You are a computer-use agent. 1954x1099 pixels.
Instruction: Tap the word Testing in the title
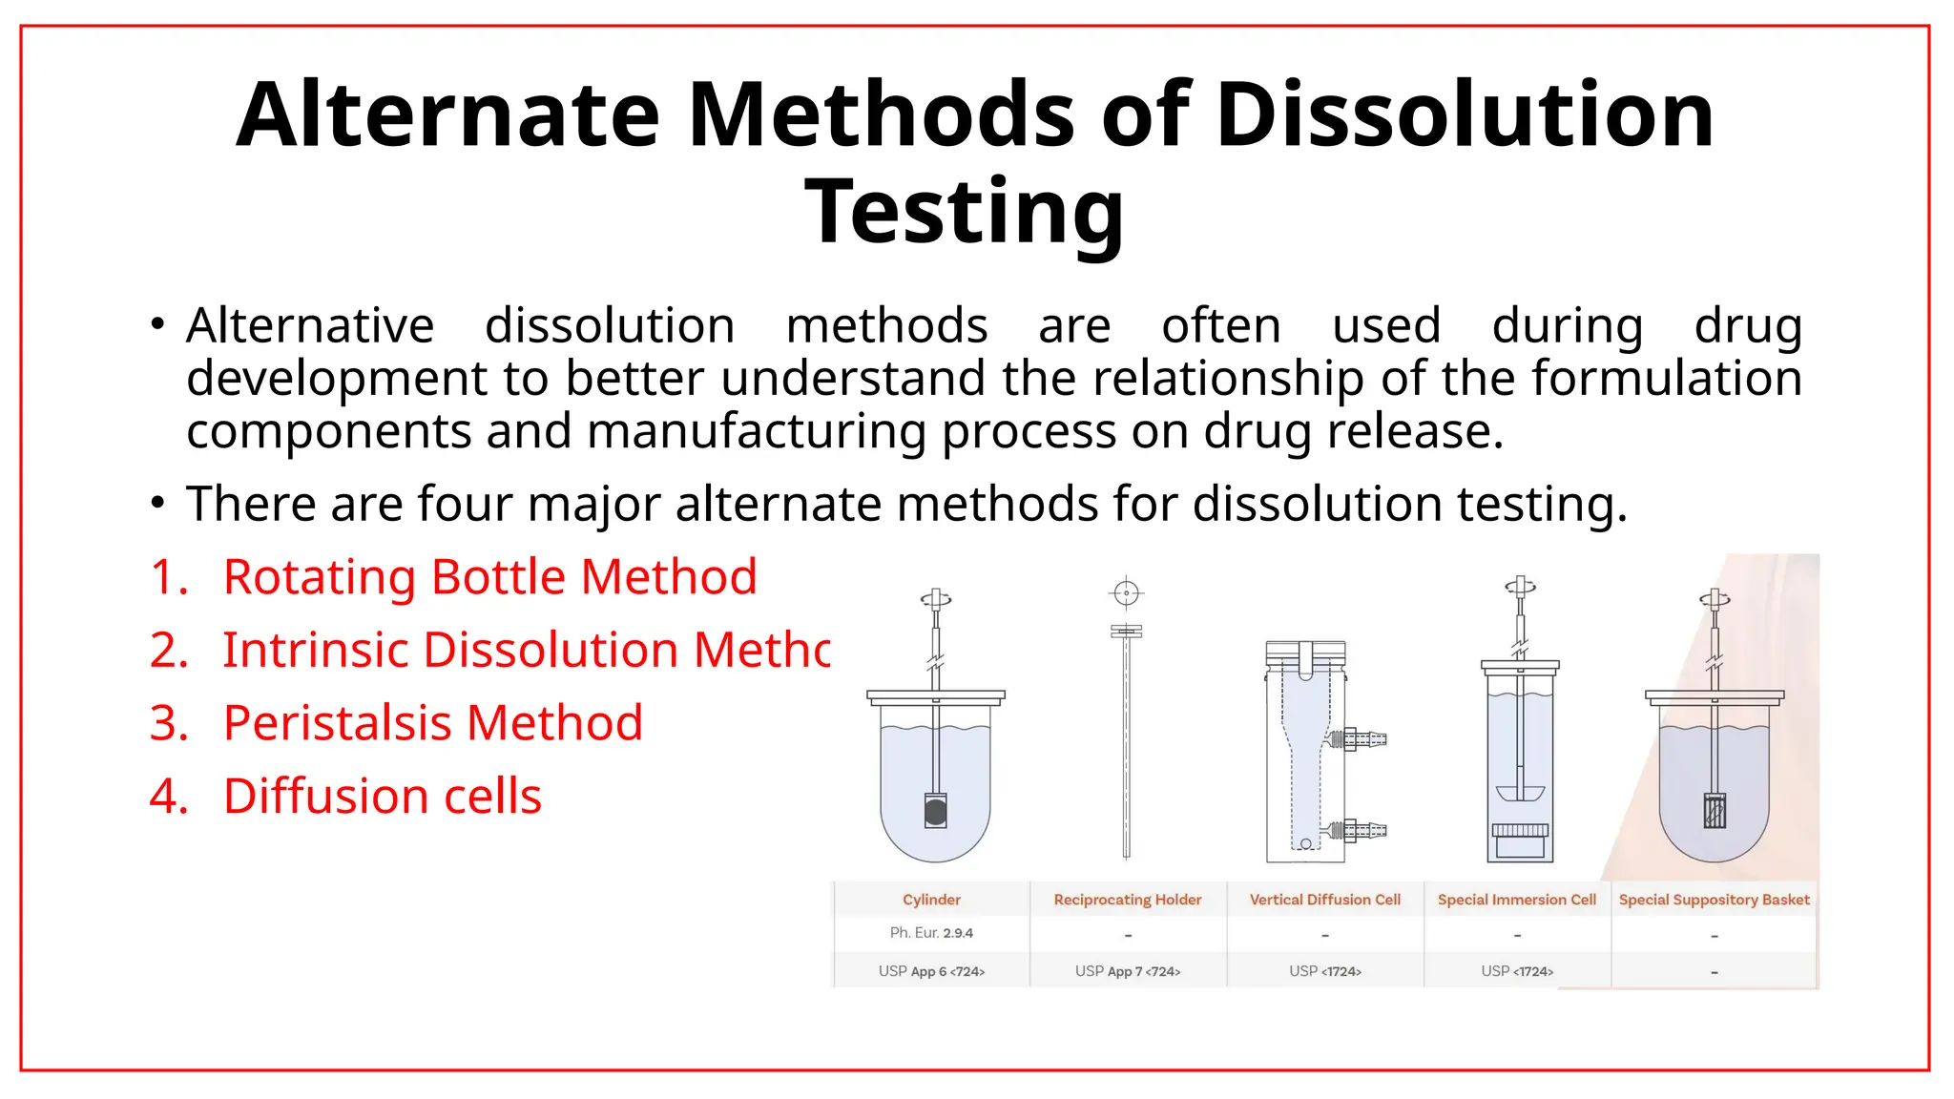[965, 212]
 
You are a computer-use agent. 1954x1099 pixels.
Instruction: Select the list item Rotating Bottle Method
[489, 577]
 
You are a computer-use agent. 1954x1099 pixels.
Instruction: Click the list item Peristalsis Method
[432, 723]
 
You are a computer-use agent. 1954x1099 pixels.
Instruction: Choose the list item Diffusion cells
[382, 797]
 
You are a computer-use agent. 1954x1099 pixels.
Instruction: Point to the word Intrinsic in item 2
[315, 651]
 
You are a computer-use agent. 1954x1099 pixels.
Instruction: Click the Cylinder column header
[931, 900]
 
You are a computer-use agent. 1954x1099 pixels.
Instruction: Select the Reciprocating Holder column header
[1127, 900]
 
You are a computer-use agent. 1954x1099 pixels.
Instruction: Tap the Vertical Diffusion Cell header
[1324, 900]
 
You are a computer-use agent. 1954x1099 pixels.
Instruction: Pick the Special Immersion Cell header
[1516, 900]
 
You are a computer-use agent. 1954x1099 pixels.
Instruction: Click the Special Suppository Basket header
[1714, 900]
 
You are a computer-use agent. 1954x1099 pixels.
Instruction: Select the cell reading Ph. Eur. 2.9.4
[931, 933]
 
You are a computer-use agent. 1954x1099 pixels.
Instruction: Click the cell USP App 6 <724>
[931, 971]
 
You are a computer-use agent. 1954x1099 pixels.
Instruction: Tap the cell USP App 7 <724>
[1127, 971]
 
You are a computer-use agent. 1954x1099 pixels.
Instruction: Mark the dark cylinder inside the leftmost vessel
[936, 812]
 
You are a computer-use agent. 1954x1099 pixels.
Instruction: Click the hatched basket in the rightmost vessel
[1715, 812]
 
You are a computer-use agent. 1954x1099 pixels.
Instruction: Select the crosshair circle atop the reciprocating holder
[1126, 593]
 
